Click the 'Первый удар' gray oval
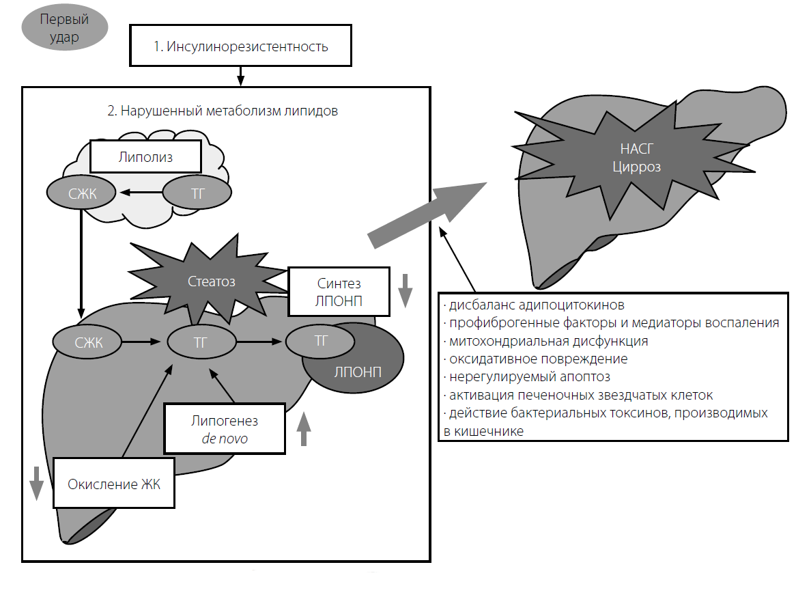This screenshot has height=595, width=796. (x=65, y=28)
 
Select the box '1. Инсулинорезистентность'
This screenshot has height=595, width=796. (x=240, y=47)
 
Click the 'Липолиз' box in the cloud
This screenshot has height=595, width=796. (x=145, y=158)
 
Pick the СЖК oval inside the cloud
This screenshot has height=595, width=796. (x=81, y=193)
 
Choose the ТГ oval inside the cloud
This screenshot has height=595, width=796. (x=197, y=193)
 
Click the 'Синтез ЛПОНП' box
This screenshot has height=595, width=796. (x=339, y=291)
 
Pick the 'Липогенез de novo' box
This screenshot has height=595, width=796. (x=225, y=428)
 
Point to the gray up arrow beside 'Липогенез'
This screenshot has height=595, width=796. (x=304, y=428)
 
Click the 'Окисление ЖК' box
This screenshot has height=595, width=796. (x=114, y=483)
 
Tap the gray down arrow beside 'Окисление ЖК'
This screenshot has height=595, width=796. (x=35, y=484)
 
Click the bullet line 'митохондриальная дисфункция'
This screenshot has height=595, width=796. (x=548, y=341)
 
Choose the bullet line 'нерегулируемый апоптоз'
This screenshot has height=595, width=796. (x=529, y=376)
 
